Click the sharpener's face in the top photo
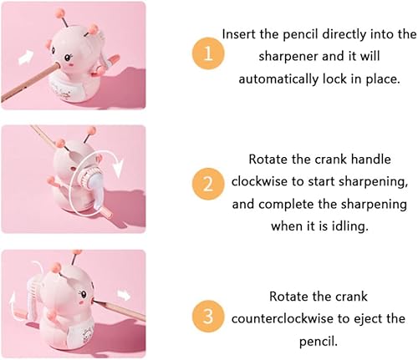tap(71, 61)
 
